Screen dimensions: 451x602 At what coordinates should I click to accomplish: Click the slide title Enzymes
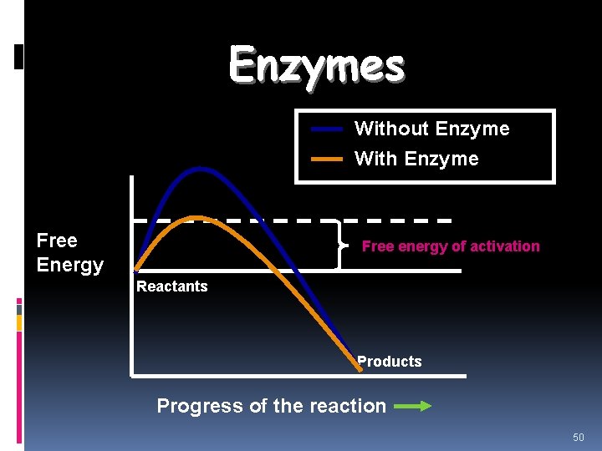pyautogui.click(x=317, y=64)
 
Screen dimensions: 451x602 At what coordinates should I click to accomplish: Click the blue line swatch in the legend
pyautogui.click(x=327, y=129)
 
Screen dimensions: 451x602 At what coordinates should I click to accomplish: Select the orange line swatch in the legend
pyautogui.click(x=327, y=159)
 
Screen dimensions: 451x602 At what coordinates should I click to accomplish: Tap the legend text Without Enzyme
pyautogui.click(x=431, y=129)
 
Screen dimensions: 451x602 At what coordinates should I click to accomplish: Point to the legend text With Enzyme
pyautogui.click(x=416, y=159)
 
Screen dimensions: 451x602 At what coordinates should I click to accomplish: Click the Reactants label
pyautogui.click(x=171, y=286)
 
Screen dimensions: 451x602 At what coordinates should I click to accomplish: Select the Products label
pyautogui.click(x=389, y=362)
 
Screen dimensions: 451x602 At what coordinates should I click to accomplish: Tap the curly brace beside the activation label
pyautogui.click(x=340, y=246)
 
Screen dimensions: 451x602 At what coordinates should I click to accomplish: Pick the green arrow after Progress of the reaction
pyautogui.click(x=412, y=407)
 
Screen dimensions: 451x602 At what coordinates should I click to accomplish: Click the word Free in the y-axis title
pyautogui.click(x=57, y=241)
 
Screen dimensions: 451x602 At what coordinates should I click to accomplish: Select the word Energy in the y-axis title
pyautogui.click(x=69, y=266)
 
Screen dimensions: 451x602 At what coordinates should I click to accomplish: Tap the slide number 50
pyautogui.click(x=579, y=438)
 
